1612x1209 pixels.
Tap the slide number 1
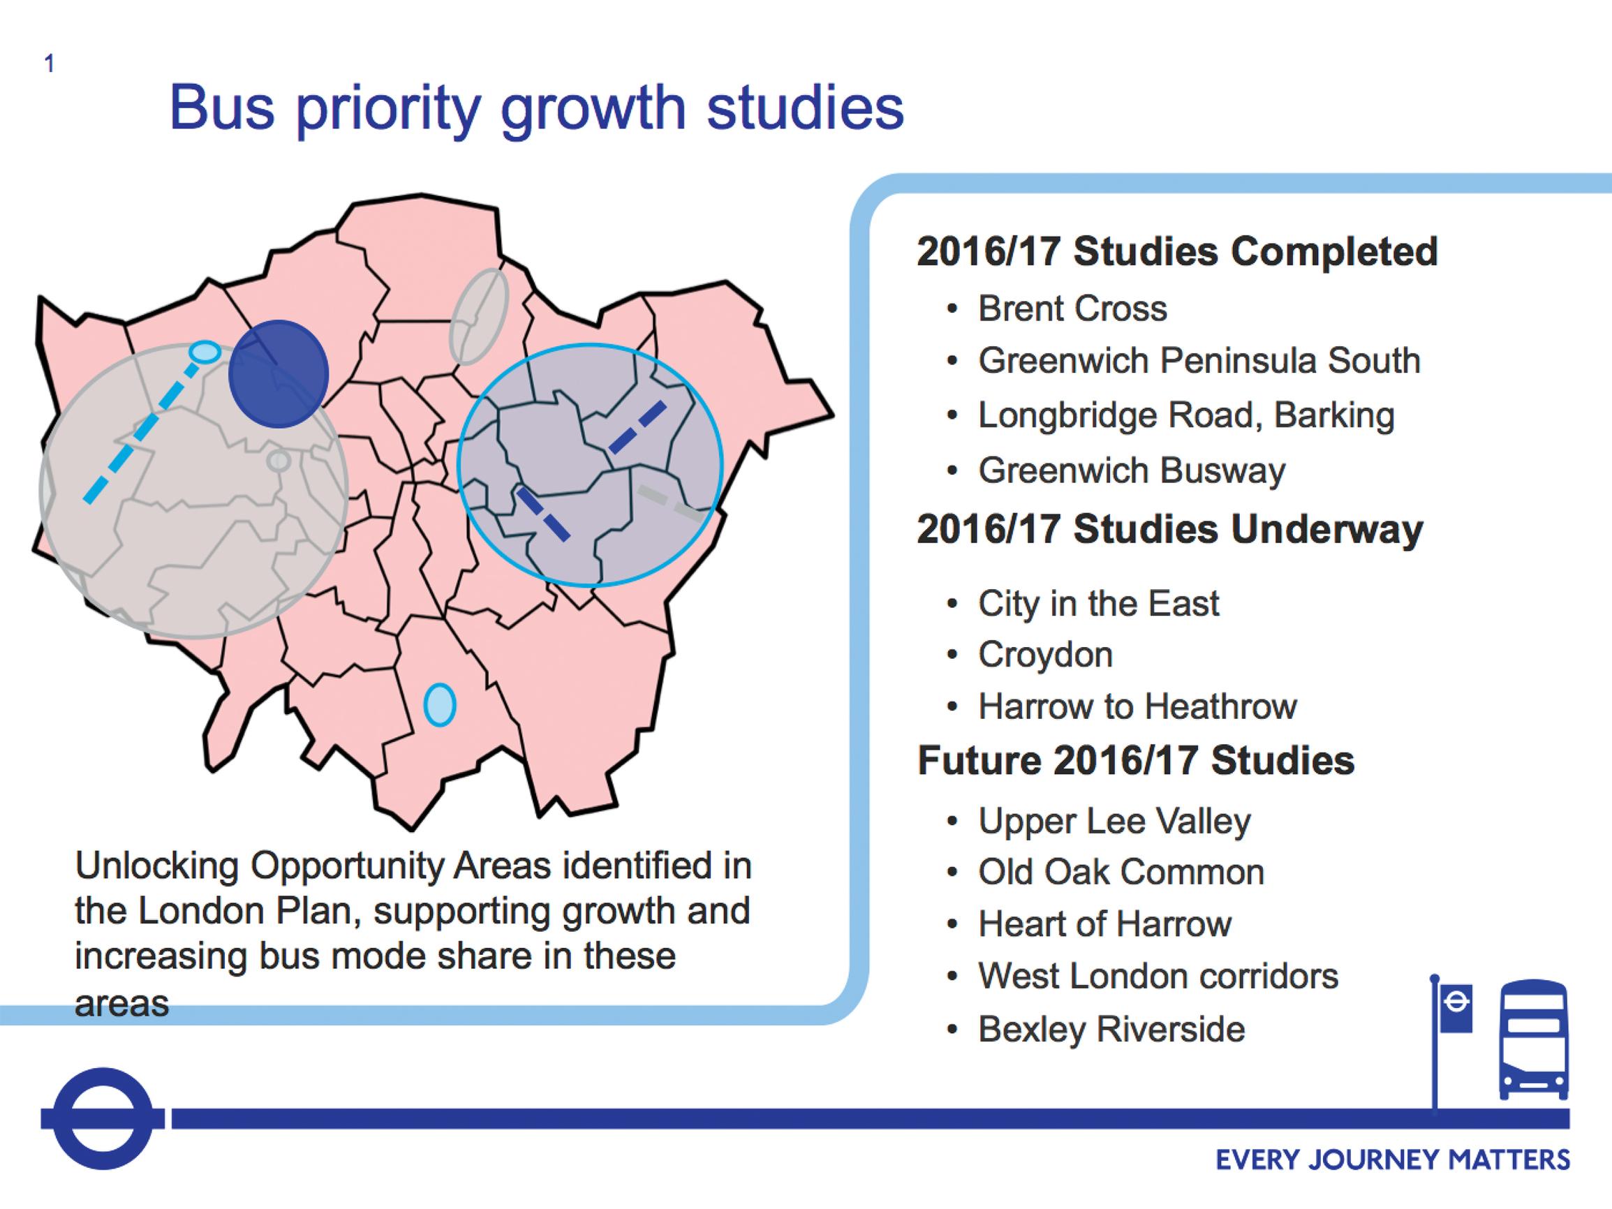[49, 64]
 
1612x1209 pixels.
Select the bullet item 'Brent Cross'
[1072, 309]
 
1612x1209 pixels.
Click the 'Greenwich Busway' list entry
[1132, 470]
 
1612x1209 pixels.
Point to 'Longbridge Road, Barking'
[1185, 415]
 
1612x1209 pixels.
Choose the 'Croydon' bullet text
[1045, 655]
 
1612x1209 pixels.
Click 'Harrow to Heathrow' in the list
[1137, 706]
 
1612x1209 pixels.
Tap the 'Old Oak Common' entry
[1121, 873]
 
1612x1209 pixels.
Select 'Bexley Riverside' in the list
[1111, 1029]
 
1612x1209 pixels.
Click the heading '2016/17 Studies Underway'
[1169, 529]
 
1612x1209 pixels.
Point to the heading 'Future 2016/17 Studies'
[1135, 760]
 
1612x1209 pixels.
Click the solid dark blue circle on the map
[279, 374]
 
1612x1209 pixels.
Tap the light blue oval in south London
[440, 705]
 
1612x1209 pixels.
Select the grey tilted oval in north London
[478, 316]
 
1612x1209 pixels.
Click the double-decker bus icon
[1533, 1039]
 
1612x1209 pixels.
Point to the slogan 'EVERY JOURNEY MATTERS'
[1393, 1159]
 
